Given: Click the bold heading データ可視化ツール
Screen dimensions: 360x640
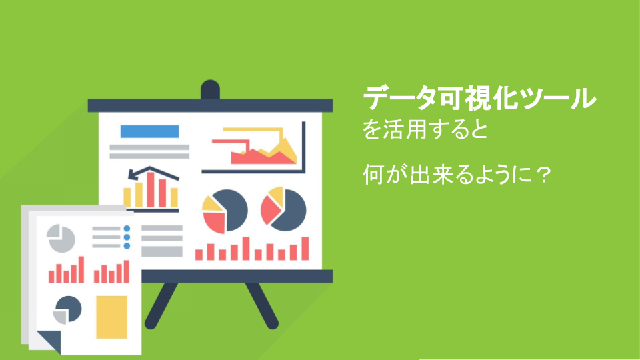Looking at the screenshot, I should point(479,99).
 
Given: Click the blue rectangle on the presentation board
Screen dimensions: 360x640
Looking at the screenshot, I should point(149,131).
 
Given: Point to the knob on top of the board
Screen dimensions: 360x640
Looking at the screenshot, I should point(210,89).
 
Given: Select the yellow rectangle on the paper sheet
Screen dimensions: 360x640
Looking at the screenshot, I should point(111,317).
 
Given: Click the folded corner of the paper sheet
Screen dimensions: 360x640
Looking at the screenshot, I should point(50,342).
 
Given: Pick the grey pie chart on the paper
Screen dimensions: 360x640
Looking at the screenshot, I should point(61,238).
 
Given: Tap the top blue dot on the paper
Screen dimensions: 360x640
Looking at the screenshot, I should point(127,229).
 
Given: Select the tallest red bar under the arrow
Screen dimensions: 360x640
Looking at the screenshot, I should point(151,189).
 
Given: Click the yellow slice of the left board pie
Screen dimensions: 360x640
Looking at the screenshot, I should point(212,203).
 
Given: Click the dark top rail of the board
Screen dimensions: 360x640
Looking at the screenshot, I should point(210,105).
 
